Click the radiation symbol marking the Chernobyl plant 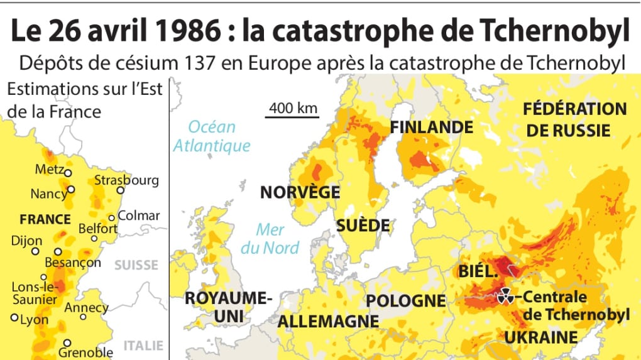point(505,297)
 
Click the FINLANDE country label point(431,127)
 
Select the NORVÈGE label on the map point(300,192)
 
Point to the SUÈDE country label point(363,226)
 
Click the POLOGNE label point(406,300)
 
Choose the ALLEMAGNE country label point(329,321)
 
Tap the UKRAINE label point(541,337)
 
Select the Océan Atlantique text point(212,136)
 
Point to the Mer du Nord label point(270,239)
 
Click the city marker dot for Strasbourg point(120,192)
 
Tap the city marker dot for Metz point(68,173)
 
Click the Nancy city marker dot point(71,189)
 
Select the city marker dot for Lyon point(14,318)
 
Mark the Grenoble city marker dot point(68,344)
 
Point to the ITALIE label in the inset point(143,345)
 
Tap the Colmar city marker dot point(112,217)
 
